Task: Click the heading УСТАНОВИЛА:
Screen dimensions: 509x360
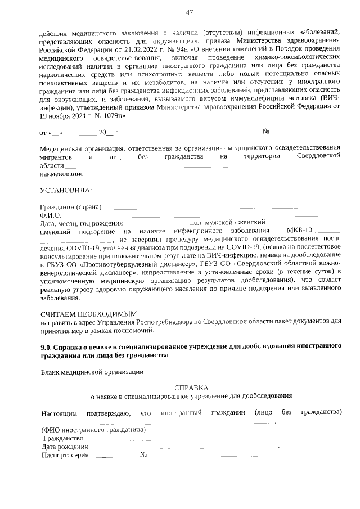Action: pyautogui.click(x=66, y=191)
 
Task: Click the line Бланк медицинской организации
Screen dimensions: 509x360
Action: pyautogui.click(x=92, y=371)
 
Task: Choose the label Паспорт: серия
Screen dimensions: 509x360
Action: pyautogui.click(x=65, y=454)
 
